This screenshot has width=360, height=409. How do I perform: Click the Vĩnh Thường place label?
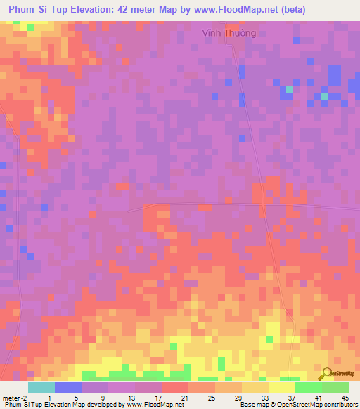tap(229, 32)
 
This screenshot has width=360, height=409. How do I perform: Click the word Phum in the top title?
tap(23, 9)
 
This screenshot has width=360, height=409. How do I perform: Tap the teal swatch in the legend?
tap(41, 387)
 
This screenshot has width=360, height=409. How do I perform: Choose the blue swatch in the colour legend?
tap(68, 387)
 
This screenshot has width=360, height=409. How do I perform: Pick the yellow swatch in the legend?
tap(282, 387)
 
